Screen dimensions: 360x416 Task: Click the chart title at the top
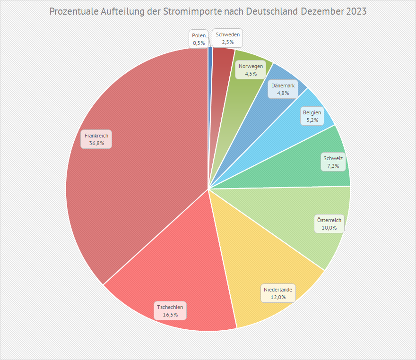coord(208,11)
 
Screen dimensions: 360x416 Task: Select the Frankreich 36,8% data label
coord(96,139)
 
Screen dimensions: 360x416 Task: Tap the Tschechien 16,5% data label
coord(170,310)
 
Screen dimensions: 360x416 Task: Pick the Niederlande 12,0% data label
coord(278,293)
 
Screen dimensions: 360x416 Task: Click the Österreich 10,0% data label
coord(329,223)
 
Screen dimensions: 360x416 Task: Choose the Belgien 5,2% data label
coord(312,116)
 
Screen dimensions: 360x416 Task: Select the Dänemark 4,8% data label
coord(283,89)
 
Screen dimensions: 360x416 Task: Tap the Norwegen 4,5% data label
coord(251,69)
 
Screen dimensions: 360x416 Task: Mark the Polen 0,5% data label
coord(199,39)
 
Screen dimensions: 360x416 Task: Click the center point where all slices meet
coord(208,189)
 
